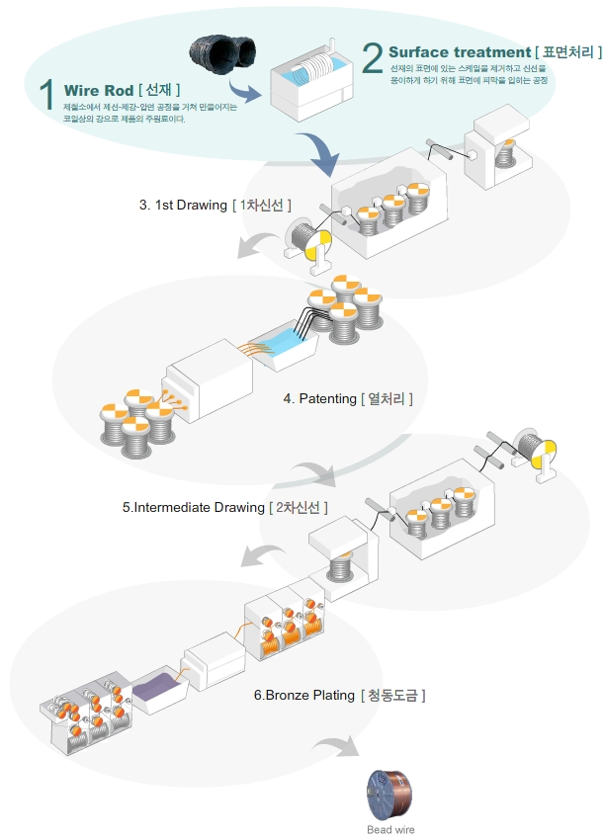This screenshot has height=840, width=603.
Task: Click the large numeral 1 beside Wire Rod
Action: pyautogui.click(x=47, y=94)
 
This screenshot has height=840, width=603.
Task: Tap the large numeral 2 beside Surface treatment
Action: pyautogui.click(x=373, y=58)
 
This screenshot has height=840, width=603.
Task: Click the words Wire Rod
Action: pyautogui.click(x=99, y=90)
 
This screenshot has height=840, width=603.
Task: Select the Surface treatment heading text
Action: pyautogui.click(x=460, y=52)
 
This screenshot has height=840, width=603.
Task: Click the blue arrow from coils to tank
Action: pyautogui.click(x=244, y=91)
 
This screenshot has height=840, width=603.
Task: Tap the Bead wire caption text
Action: pyautogui.click(x=390, y=829)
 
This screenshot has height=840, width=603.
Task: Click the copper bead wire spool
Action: pyautogui.click(x=389, y=795)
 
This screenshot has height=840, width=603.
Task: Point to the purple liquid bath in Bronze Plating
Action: pyautogui.click(x=157, y=688)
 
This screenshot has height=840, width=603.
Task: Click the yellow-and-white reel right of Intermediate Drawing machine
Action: pyautogui.click(x=538, y=454)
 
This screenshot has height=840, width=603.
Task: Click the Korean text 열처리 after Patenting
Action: pyautogui.click(x=386, y=398)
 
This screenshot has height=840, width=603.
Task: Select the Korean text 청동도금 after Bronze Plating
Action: pyautogui.click(x=392, y=695)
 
